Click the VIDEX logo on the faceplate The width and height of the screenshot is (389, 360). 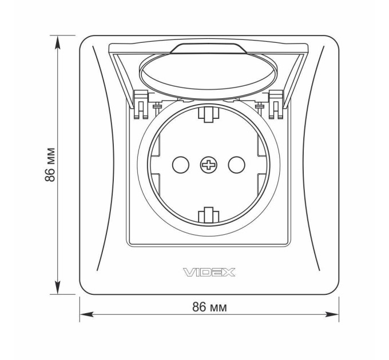pyautogui.click(x=209, y=273)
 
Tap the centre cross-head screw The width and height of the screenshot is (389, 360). pyautogui.click(x=209, y=165)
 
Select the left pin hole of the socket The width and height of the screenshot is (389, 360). pyautogui.click(x=181, y=165)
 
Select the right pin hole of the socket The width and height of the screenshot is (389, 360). pyautogui.click(x=237, y=165)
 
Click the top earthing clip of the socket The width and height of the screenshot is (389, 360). pyautogui.click(x=209, y=114)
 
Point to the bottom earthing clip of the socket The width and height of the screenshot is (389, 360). pyautogui.click(x=209, y=215)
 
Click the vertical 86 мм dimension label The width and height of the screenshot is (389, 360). pyautogui.click(x=50, y=165)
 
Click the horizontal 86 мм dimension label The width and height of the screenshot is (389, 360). pyautogui.click(x=209, y=307)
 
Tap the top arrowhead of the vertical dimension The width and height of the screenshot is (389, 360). pyautogui.click(x=58, y=42)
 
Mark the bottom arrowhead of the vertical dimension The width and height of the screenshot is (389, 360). pyautogui.click(x=58, y=288)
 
